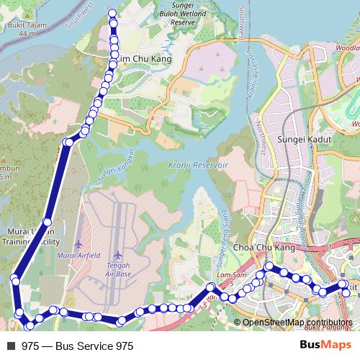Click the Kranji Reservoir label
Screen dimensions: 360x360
(197, 165)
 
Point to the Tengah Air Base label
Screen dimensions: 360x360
(118, 269)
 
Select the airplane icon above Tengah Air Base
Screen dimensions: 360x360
(117, 254)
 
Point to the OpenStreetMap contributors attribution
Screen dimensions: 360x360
(297, 323)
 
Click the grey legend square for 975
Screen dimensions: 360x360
(11, 346)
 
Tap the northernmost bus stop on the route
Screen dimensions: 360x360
(112, 13)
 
